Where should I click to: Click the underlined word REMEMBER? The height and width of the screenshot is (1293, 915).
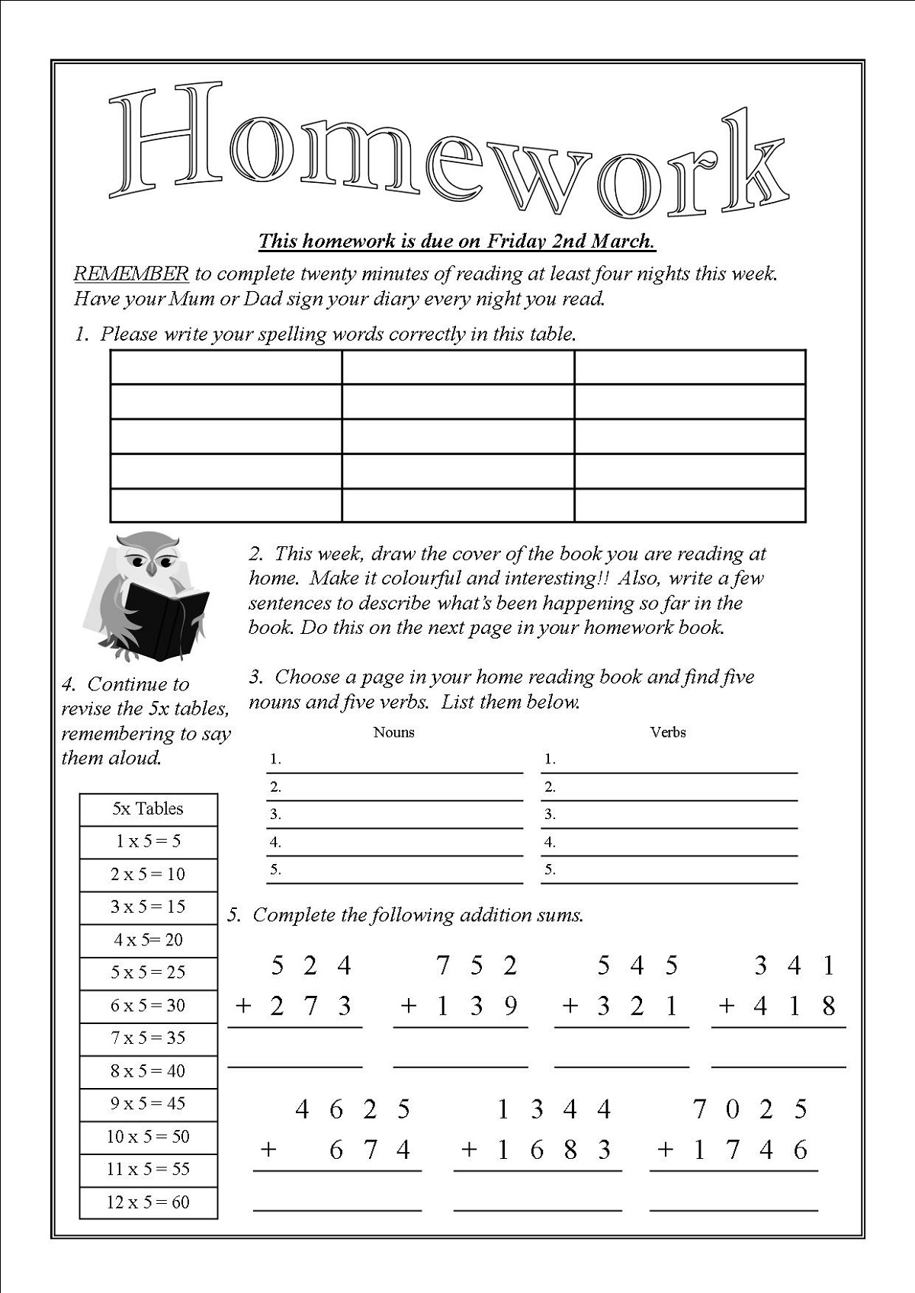(130, 274)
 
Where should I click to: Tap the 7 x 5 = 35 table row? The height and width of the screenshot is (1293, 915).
(148, 1038)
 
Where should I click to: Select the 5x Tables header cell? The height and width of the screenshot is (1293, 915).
(148, 808)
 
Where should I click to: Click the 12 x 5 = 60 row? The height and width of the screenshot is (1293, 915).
(148, 1202)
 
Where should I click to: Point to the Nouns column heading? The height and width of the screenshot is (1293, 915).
(393, 732)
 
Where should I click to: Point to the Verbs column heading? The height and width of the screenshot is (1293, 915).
(668, 732)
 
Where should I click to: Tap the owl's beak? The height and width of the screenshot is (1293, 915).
(152, 569)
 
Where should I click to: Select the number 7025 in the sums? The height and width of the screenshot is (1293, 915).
(750, 1109)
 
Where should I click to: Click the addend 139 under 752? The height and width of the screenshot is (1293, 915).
(477, 1007)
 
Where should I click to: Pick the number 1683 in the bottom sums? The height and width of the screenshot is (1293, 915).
(554, 1149)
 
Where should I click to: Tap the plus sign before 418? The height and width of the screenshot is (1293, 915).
(727, 1007)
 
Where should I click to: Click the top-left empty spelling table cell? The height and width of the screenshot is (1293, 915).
(226, 367)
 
